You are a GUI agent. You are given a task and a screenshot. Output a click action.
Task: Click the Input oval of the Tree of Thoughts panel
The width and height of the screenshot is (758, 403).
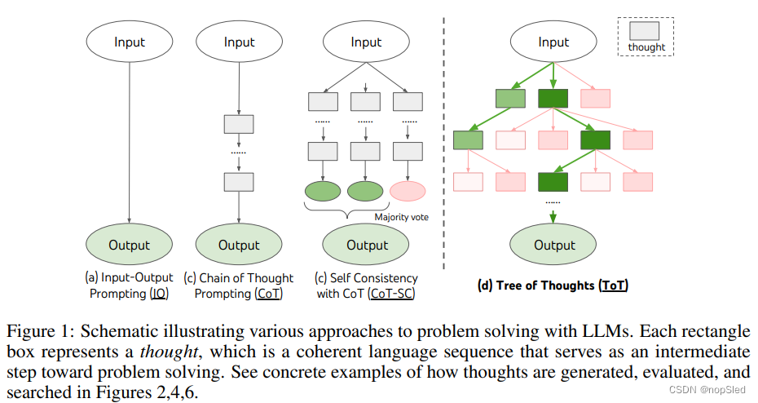pyautogui.click(x=554, y=42)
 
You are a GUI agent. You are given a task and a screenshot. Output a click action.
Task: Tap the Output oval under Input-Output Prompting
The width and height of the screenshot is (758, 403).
pyautogui.click(x=130, y=245)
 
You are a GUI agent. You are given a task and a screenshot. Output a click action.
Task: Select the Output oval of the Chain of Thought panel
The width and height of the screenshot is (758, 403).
pyautogui.click(x=239, y=245)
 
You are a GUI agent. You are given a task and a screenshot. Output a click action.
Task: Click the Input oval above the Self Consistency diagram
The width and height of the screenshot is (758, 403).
pyautogui.click(x=367, y=42)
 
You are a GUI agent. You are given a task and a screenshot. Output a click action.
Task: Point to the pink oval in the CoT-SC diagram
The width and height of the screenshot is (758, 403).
pyautogui.click(x=408, y=191)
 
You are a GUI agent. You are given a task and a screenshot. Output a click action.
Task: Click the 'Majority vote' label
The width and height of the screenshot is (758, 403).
pyautogui.click(x=402, y=217)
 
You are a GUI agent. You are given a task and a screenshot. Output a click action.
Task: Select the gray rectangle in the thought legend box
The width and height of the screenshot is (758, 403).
pyautogui.click(x=646, y=31)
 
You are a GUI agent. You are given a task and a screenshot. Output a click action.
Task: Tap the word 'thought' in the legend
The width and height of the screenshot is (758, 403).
pyautogui.click(x=646, y=47)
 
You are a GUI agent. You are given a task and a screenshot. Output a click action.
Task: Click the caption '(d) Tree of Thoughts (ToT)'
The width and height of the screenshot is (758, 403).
pyautogui.click(x=553, y=286)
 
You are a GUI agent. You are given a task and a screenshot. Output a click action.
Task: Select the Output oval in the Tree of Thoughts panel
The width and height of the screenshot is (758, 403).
pyautogui.click(x=554, y=245)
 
